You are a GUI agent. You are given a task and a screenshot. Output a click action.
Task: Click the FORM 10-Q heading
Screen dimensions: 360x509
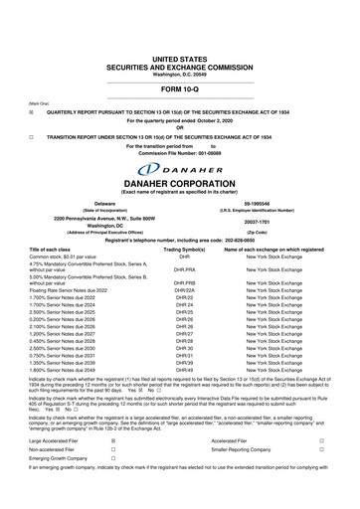(x=181, y=62)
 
